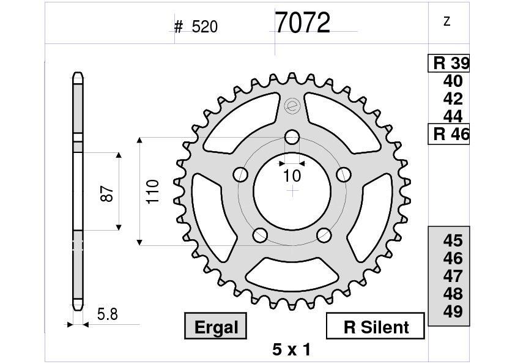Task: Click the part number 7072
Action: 302,23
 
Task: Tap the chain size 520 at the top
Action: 204,27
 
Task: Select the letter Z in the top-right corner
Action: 446,22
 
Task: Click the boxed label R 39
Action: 449,63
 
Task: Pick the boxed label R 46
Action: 449,134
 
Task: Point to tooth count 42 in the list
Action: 453,99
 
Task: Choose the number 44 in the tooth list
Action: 453,116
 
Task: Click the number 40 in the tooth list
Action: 453,81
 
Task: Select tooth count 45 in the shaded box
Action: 453,240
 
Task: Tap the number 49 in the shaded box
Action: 453,311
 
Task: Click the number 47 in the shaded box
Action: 453,276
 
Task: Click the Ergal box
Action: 216,327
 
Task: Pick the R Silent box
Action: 376,327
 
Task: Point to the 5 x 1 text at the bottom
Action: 291,350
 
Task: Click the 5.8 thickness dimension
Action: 107,315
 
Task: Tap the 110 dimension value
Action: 152,191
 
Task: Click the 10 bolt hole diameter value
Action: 292,176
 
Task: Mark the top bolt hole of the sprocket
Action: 292,136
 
